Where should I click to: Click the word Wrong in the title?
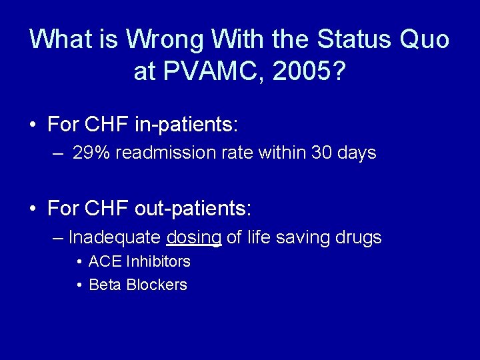[166, 39]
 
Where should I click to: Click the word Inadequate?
[115, 237]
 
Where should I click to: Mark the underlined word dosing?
[194, 237]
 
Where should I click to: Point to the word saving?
[299, 237]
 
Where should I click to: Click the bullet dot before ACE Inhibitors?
[79, 261]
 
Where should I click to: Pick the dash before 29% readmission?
[59, 153]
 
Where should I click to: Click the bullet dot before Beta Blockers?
[79, 285]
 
